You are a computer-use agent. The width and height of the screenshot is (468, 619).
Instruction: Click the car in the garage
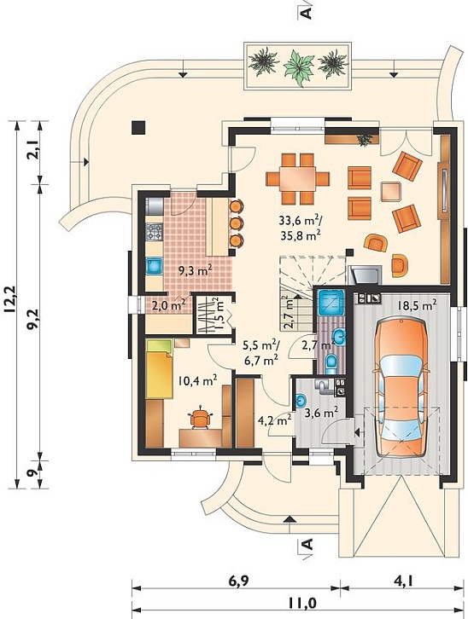click(401, 388)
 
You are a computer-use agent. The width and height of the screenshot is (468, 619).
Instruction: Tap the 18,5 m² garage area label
click(417, 304)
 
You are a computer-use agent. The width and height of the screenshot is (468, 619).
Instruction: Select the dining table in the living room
click(298, 179)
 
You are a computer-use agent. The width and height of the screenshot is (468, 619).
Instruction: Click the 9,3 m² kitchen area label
click(196, 270)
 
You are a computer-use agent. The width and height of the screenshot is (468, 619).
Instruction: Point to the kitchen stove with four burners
click(155, 232)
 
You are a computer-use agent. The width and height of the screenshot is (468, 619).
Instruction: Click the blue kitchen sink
click(155, 266)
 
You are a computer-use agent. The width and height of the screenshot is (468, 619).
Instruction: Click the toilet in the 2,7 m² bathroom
click(331, 363)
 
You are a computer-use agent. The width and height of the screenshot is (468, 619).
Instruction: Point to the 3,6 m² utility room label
click(321, 413)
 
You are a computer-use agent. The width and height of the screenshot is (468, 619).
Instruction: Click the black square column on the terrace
click(138, 127)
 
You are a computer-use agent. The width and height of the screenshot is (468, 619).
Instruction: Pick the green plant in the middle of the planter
click(299, 67)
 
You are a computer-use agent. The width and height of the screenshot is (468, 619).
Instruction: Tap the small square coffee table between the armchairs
click(391, 192)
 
